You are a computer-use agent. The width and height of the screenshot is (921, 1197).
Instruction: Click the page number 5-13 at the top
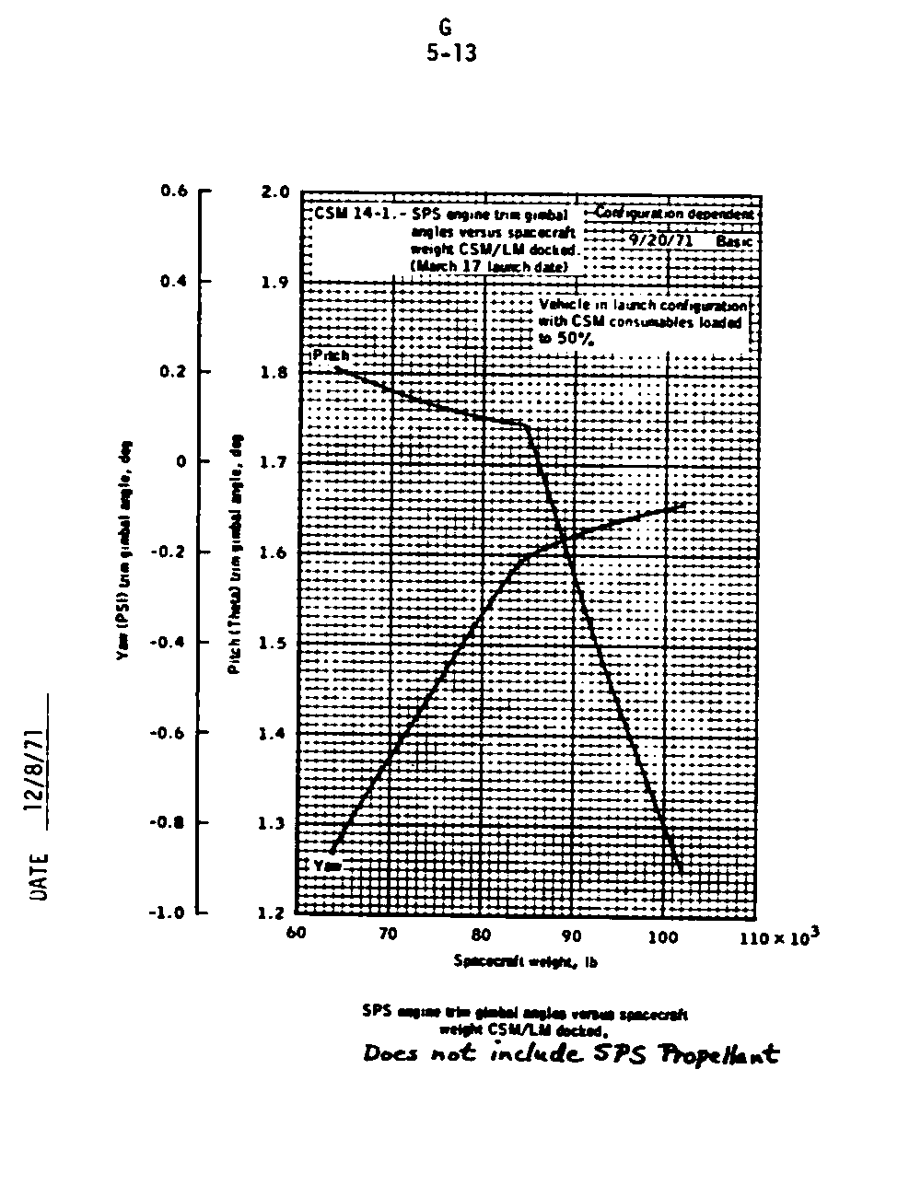click(451, 53)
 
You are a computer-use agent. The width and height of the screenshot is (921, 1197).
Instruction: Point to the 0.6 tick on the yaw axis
click(173, 191)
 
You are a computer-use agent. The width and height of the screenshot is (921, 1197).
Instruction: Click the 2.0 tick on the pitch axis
click(276, 192)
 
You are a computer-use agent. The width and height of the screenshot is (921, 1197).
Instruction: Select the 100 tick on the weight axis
click(663, 936)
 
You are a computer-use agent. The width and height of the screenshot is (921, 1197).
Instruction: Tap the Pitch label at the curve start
click(331, 354)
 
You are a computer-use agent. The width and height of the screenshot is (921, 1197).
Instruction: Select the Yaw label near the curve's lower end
click(327, 866)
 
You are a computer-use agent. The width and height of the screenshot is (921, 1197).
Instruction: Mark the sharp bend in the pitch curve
click(526, 424)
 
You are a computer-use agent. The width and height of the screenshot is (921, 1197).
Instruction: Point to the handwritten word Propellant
click(729, 1055)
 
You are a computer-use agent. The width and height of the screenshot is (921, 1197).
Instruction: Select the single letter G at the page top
click(446, 29)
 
